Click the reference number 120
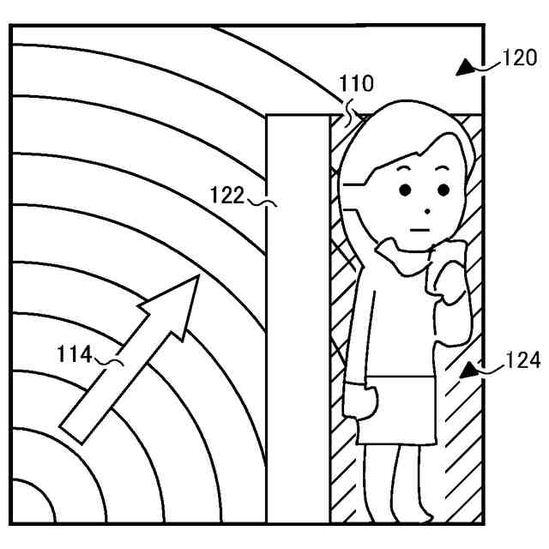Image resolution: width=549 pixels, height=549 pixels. tap(520, 59)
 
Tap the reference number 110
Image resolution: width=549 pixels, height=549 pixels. tap(356, 84)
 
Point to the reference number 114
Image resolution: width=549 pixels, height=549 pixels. tap(75, 353)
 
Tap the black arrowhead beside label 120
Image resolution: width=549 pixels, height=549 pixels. tap(467, 67)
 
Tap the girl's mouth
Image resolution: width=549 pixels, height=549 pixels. tap(419, 228)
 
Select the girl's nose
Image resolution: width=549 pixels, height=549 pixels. tap(425, 209)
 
